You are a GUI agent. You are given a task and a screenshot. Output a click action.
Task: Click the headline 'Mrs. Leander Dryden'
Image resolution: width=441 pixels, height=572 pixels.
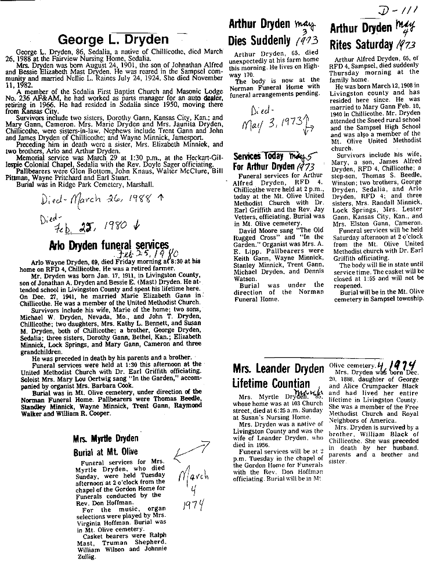(278, 368)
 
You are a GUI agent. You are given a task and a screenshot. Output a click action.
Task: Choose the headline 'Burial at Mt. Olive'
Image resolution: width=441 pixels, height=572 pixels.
(105, 451)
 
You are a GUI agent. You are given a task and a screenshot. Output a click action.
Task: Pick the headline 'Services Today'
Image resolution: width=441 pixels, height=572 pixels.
(258, 156)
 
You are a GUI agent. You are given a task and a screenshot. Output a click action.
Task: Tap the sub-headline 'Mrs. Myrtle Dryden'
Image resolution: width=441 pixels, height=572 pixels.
(105, 437)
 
